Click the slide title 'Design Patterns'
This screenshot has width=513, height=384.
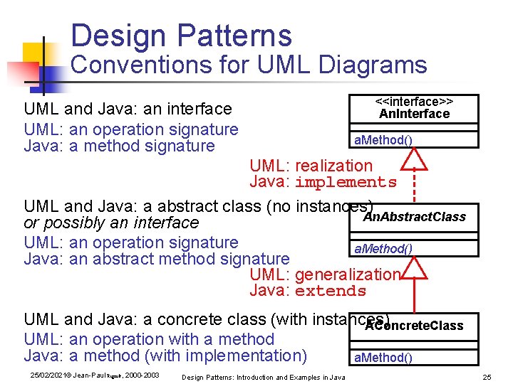click(181, 35)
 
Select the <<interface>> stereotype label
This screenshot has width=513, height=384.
click(414, 102)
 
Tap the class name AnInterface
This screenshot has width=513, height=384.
click(414, 114)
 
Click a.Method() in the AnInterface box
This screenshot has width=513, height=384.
click(383, 139)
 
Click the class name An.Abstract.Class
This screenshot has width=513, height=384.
click(415, 216)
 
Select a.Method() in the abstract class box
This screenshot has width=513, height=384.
click(383, 248)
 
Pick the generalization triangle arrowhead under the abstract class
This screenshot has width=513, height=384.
click(415, 268)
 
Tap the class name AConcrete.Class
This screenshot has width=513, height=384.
click(414, 326)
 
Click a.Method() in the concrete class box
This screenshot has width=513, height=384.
click(383, 357)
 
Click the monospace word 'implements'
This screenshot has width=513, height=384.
click(345, 183)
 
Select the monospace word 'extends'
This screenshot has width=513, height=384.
click(330, 292)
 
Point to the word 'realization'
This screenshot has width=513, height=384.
click(333, 166)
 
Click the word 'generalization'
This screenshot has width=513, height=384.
click(348, 274)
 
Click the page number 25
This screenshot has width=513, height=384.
click(487, 376)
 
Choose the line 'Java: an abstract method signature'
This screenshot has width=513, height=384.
click(157, 259)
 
